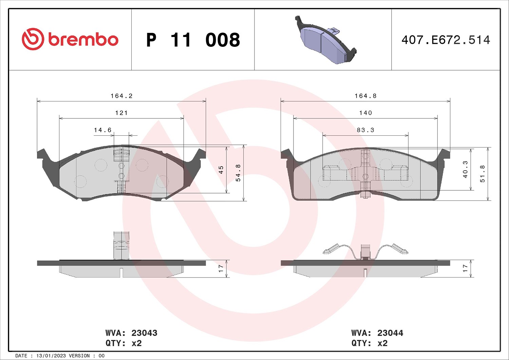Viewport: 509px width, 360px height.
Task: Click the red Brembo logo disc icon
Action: point(33,39)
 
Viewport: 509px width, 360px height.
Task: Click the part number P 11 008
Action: point(193,40)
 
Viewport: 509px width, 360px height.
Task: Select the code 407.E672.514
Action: point(446,40)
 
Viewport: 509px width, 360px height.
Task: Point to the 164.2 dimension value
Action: point(121,96)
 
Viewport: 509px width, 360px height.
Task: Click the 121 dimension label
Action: point(121,113)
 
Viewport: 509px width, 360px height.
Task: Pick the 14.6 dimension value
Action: point(103,130)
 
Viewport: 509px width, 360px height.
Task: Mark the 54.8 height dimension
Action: point(238,173)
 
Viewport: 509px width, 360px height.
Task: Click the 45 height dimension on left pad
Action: point(221,170)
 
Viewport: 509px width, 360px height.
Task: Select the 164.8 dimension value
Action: point(365,96)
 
